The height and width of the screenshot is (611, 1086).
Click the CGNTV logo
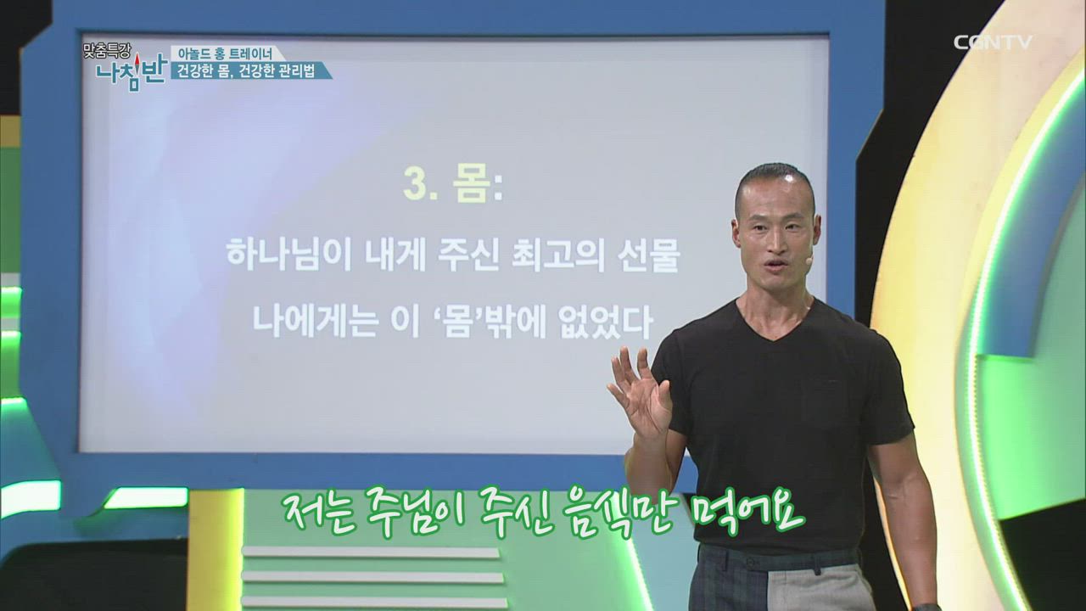coord(992,42)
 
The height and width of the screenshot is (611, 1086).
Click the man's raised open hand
coord(638,393)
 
